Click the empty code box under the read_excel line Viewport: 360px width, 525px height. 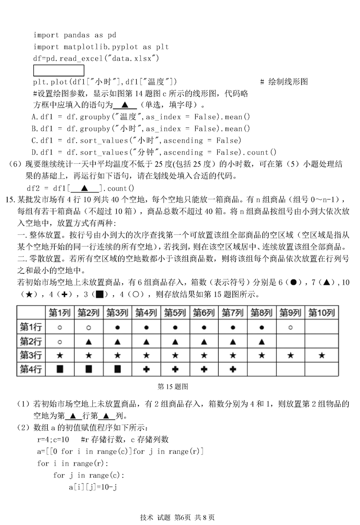pyautogui.click(x=58, y=71)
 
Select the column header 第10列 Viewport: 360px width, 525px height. pyautogui.click(x=321, y=313)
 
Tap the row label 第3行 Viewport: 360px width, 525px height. pyautogui.click(x=31, y=355)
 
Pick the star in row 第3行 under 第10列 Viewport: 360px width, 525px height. pyautogui.click(x=321, y=355)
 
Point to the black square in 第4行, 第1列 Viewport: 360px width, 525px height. pyautogui.click(x=60, y=369)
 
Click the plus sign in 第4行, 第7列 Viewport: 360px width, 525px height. pyautogui.click(x=233, y=369)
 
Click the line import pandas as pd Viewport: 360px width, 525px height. pyautogui.click(x=75, y=35)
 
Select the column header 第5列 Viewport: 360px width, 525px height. pyautogui.click(x=175, y=313)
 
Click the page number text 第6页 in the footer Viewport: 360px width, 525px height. pyautogui.click(x=182, y=517)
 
